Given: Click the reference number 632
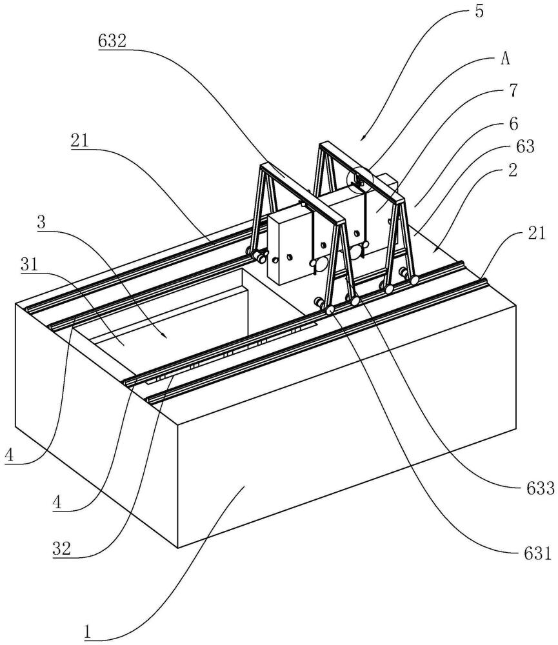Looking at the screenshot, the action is coord(112,41).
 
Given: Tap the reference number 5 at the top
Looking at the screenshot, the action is coord(479,12).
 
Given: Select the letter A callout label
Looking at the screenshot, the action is coord(505,59).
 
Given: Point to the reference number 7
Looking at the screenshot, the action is coord(513,90).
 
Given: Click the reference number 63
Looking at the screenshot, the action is coord(525,146).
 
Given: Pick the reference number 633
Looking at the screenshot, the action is coord(541,488).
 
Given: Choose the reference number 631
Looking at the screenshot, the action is coord(537,553).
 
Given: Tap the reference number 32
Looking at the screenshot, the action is coord(62,548).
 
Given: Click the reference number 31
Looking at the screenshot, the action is coord(30,264).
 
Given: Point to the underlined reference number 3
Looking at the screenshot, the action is coord(41,223).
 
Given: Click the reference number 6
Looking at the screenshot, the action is coord(513,124).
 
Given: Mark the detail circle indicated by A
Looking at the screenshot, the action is coord(359,180).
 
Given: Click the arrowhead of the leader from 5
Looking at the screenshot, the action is coord(361,139).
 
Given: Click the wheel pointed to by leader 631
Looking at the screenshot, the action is coord(330,310).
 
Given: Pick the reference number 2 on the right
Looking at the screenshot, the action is coord(512,170).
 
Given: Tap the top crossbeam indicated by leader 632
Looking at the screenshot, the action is coord(302,193).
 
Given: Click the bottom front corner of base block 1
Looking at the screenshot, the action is coord(178,548).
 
